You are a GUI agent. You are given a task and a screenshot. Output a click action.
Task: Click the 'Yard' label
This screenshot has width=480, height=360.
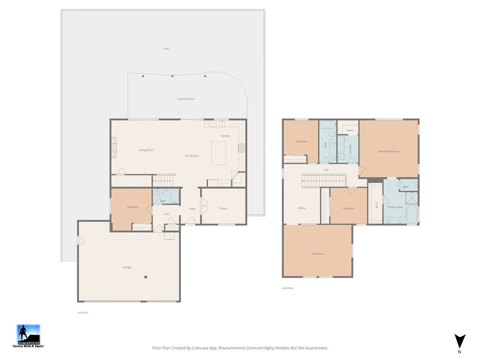165,49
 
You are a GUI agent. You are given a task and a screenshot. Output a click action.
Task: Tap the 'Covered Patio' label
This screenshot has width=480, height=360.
186,99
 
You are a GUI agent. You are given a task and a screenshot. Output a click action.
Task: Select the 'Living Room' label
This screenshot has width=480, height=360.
146,150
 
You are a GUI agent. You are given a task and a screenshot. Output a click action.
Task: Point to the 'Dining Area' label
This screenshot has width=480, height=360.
192,156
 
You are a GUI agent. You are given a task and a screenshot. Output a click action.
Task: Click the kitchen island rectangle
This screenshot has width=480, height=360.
218,153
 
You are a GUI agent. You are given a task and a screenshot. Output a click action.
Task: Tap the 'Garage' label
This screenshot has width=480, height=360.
127,267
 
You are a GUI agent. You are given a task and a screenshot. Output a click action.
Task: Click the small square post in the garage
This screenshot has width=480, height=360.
146,277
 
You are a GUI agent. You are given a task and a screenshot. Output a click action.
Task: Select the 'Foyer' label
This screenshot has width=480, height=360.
192,209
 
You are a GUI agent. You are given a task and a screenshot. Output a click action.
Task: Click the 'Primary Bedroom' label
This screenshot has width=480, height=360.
389,151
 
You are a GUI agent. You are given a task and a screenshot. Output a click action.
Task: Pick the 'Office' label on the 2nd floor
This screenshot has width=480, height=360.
301,208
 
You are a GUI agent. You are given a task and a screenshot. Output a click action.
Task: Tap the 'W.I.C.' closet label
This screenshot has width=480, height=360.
376,205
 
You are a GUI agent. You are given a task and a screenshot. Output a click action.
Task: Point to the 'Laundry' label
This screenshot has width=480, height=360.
350,149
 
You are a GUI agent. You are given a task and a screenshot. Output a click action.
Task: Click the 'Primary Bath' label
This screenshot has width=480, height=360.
395,207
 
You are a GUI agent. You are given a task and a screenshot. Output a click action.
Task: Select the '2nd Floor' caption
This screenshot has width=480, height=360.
287,288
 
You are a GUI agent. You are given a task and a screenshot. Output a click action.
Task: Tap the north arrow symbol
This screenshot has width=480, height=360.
459,341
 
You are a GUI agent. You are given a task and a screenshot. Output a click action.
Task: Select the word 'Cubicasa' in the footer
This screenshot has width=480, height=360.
210,348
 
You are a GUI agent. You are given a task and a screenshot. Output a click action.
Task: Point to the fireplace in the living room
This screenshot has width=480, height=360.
114,147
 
